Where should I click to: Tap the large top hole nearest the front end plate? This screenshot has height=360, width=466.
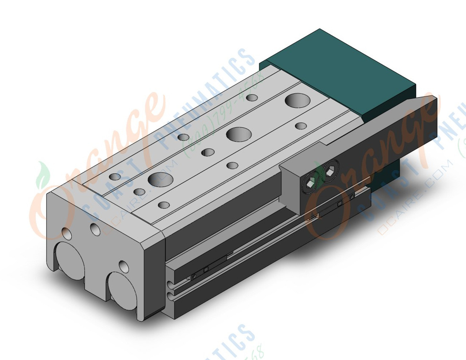(156, 179)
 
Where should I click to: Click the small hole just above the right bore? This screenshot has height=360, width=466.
(124, 266)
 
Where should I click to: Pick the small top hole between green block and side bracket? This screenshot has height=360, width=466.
(301, 126)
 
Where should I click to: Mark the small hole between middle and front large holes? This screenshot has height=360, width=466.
(208, 152)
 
